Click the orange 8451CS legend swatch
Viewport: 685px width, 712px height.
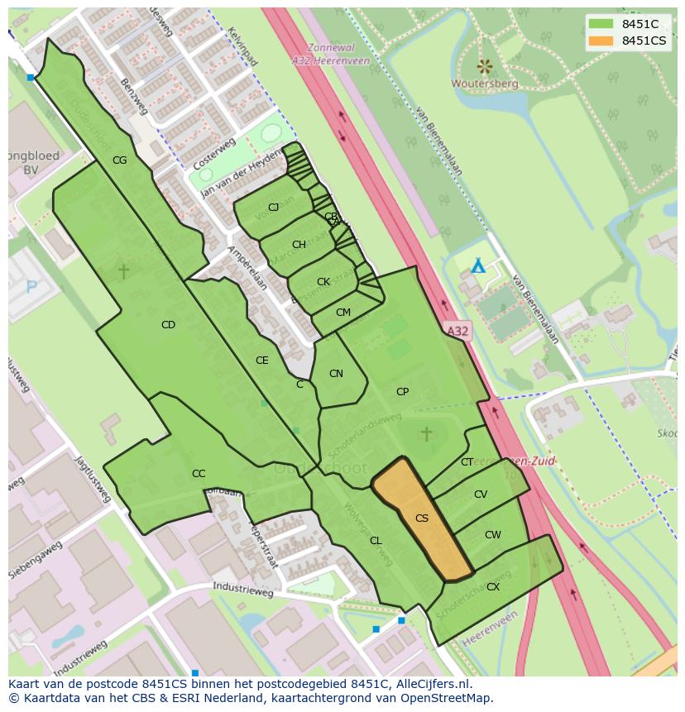pos(601,41)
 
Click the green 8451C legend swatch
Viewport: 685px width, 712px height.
pos(601,24)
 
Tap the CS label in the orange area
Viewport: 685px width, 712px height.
pos(422,518)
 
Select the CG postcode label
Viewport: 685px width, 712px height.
pos(119,160)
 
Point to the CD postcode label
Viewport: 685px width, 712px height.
pos(168,325)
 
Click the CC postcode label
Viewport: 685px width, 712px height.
pos(199,474)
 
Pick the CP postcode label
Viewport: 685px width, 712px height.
pos(402,392)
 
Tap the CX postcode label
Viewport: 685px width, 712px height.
pos(493,587)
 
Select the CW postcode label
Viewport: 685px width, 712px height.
pos(493,535)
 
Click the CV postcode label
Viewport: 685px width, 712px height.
pos(481,495)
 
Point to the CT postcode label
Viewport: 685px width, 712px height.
pos(467,462)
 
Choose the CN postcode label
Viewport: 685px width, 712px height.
pos(336,374)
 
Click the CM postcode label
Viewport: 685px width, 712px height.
pos(343,313)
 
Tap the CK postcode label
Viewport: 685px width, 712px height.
pos(323,282)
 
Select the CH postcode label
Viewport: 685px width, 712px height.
pos(299,245)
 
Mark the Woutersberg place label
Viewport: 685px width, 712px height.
pos(485,84)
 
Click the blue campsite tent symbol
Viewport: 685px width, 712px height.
pos(477,266)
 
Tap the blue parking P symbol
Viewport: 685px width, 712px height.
pos(32,287)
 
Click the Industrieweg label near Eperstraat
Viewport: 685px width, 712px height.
pos(243,593)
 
